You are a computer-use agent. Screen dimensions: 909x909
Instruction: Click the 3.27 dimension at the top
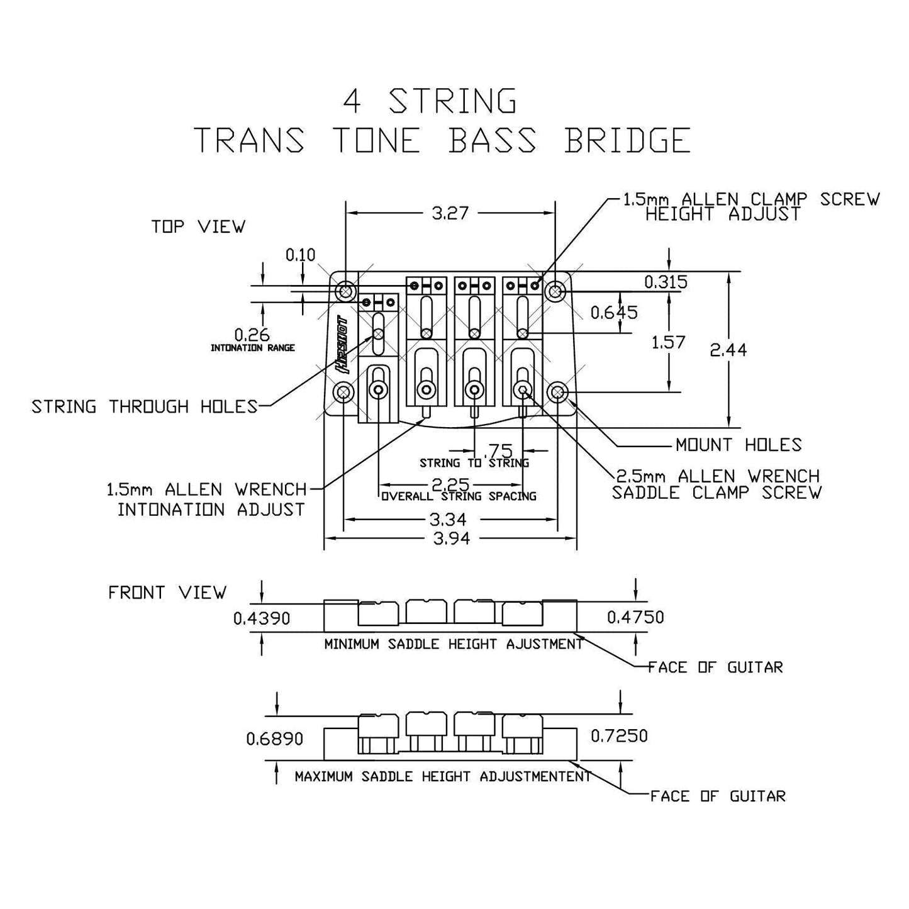point(450,213)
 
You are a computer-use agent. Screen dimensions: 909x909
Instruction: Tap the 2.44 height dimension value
point(728,350)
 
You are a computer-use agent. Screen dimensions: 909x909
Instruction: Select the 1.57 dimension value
point(668,343)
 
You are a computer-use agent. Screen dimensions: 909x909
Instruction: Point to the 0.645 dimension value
point(614,312)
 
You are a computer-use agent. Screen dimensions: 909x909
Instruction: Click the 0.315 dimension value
point(666,282)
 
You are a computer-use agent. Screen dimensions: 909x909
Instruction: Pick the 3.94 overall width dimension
point(451,538)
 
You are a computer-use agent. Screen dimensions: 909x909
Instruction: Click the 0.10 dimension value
point(300,255)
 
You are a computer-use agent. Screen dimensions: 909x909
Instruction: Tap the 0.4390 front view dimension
point(262,618)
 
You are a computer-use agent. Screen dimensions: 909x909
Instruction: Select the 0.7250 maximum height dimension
point(619,735)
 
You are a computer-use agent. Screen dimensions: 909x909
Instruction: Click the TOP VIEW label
point(198,226)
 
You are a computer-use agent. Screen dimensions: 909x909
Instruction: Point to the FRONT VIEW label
point(167,593)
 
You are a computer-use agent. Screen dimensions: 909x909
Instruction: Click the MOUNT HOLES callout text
point(739,445)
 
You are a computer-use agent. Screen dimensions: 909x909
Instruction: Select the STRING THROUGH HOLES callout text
point(145,407)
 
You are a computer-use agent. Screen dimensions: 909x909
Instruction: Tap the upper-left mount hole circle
point(345,291)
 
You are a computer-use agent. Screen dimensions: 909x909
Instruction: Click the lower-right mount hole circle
point(557,393)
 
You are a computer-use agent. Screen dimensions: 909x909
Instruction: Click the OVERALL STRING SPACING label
point(459,496)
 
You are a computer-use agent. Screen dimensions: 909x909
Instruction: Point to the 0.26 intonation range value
point(252,335)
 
